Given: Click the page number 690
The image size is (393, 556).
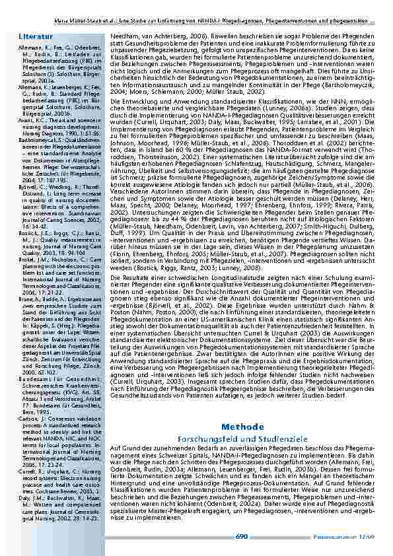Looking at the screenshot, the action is click(x=242, y=536).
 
